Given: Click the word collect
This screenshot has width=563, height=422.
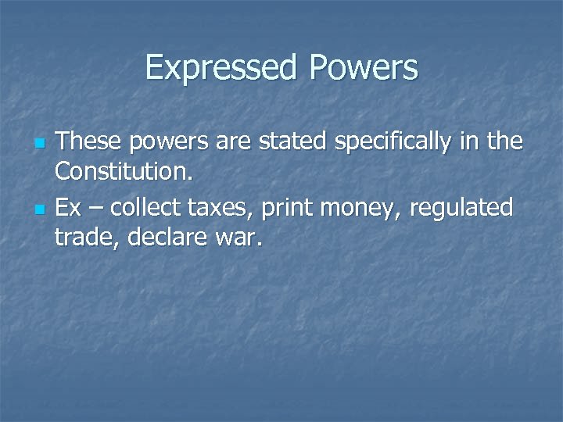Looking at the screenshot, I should click(x=148, y=208).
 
